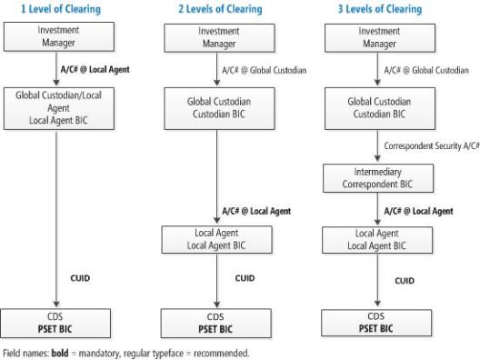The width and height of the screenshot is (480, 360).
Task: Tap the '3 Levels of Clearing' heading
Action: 377,9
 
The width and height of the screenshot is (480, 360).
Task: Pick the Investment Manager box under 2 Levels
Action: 218,36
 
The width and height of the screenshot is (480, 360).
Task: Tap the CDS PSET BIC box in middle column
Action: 218,322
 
